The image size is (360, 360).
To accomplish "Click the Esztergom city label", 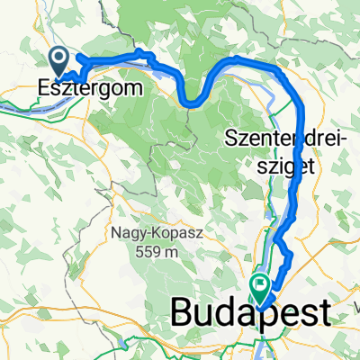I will coord(83,90).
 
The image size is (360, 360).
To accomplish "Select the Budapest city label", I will coord(250,314).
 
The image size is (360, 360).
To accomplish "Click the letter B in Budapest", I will coord(183,314).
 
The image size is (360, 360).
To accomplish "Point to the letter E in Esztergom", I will coord(45,90).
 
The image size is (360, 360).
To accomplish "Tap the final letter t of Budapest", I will coord(323,314).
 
